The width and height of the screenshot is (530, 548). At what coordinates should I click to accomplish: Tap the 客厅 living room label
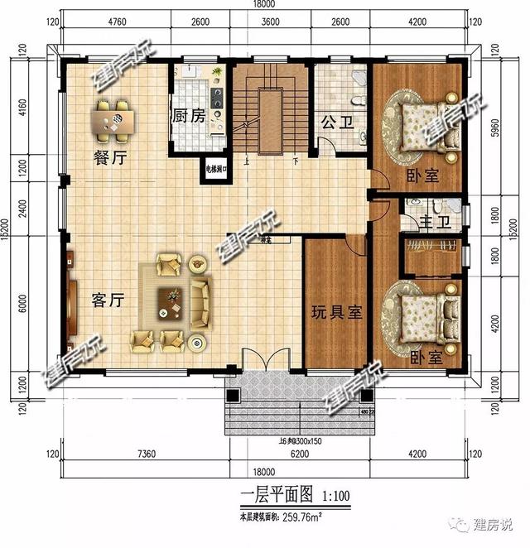click(x=108, y=300)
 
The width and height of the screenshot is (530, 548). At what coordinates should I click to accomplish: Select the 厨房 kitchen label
click(x=188, y=116)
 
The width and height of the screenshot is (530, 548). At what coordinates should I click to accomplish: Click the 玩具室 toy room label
click(x=336, y=312)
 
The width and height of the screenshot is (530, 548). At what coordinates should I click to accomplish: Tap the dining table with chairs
click(x=116, y=119)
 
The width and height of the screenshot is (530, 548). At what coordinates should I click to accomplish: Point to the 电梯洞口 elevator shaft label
click(x=217, y=170)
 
